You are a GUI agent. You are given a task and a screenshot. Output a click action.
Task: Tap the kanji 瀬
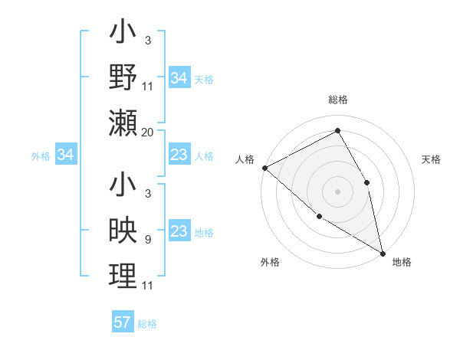click(x=123, y=123)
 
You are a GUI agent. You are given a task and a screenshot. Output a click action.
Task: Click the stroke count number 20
click(x=148, y=133)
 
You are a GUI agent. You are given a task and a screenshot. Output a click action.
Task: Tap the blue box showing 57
click(x=123, y=322)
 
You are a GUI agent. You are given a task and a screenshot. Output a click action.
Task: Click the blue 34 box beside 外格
click(x=66, y=155)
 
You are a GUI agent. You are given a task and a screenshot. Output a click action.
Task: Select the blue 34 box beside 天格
click(x=179, y=78)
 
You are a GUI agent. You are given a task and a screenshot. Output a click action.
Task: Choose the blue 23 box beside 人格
click(x=179, y=155)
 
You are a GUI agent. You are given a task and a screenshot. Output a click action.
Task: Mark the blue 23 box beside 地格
click(x=179, y=232)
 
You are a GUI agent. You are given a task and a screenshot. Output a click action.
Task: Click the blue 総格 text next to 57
click(x=147, y=324)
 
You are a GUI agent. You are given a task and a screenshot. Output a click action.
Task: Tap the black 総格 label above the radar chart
click(x=337, y=100)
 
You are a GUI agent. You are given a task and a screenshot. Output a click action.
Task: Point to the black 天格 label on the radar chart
click(x=431, y=159)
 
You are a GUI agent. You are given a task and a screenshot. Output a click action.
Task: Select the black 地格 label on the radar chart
click(x=402, y=262)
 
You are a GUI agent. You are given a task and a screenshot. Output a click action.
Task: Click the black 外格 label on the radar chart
click(x=270, y=262)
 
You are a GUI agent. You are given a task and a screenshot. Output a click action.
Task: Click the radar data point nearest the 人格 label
click(x=264, y=168)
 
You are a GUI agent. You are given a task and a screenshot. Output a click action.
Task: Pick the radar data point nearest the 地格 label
click(x=382, y=252)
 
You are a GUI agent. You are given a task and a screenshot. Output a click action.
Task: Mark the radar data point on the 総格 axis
click(x=337, y=130)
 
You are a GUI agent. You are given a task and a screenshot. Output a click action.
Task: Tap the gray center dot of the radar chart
click(x=337, y=191)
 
